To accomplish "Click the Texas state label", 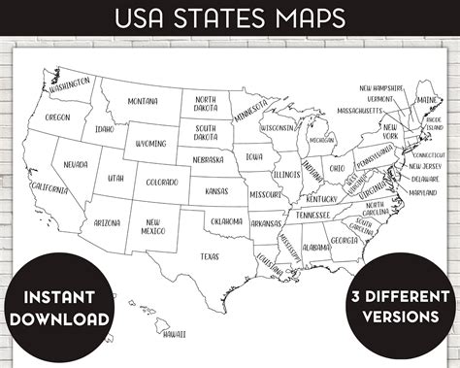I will [x=210, y=256].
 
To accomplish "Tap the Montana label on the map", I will [x=142, y=101].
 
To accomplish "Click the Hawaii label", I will [x=175, y=333].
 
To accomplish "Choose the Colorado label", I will [x=162, y=182].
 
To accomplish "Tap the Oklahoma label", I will [x=226, y=221].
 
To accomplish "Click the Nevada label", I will [x=74, y=165].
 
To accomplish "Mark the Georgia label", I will [x=344, y=240].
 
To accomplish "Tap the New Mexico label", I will [x=153, y=227].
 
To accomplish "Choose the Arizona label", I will [x=108, y=222].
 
